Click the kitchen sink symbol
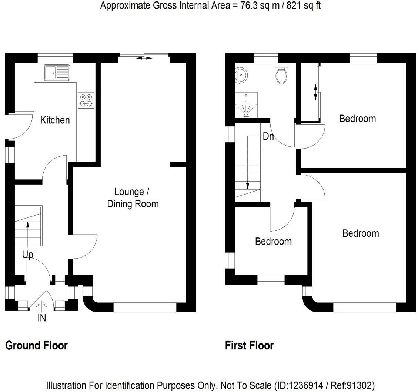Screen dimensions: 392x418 pyautogui.click(x=57, y=73)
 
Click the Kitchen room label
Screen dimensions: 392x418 pyautogui.click(x=55, y=120)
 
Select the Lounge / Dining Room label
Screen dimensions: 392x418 pyautogui.click(x=133, y=198)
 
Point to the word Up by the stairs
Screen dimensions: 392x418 pyautogui.click(x=28, y=255)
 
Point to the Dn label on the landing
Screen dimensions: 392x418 pyautogui.click(x=268, y=136)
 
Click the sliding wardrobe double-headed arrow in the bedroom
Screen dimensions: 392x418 pyautogui.click(x=315, y=92)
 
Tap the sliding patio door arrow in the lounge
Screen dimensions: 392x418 pyautogui.click(x=144, y=58)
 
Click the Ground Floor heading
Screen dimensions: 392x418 pyautogui.click(x=36, y=346)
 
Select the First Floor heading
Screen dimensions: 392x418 pyautogui.click(x=249, y=346)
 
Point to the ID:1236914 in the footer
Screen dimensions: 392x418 pyautogui.click(x=298, y=385)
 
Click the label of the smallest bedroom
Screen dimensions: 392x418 pyautogui.click(x=273, y=242)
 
